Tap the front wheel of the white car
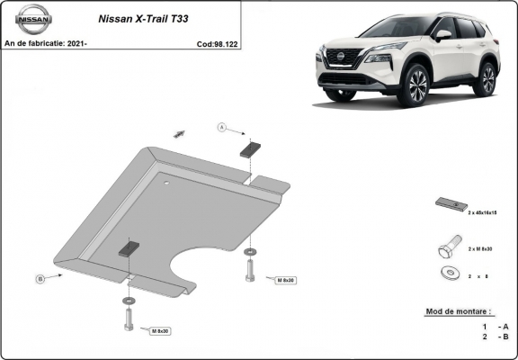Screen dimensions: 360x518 (x=416, y=87)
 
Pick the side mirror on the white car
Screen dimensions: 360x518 (x=442, y=35)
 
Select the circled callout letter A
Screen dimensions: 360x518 (x=221, y=129)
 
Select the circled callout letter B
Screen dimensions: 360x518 (x=40, y=280)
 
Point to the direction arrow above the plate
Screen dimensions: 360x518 (x=179, y=133)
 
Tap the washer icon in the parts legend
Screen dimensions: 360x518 (x=447, y=273)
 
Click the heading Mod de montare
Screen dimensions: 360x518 (x=457, y=311)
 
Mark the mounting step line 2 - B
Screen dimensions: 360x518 (x=495, y=337)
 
